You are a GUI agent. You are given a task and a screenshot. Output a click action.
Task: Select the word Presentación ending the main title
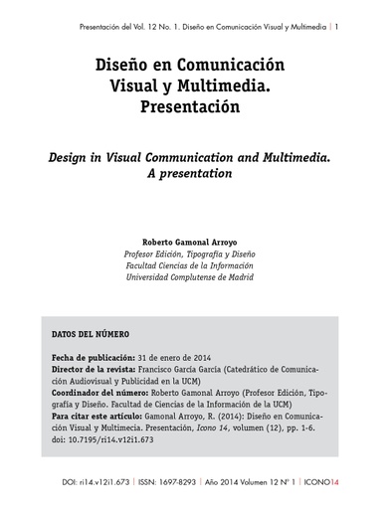pyautogui.click(x=194, y=105)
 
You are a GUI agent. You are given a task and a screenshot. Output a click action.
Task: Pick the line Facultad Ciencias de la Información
pyautogui.click(x=194, y=265)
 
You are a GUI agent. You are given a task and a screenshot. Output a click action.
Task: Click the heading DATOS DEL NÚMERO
pyautogui.click(x=90, y=333)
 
